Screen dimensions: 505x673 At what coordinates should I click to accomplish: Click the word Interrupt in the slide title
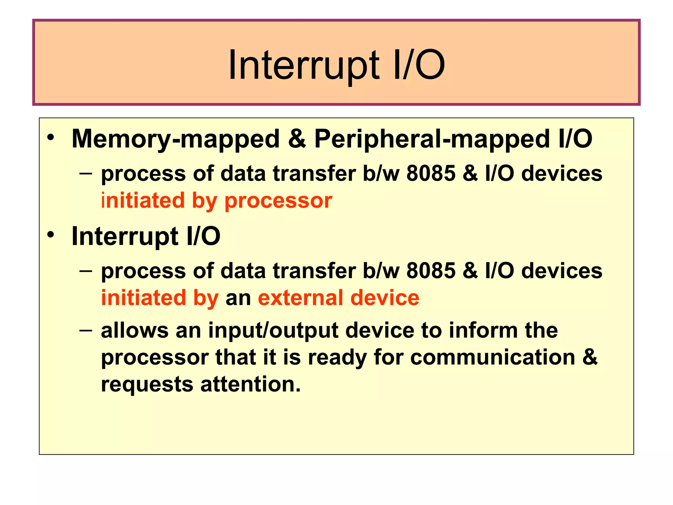pos(304,65)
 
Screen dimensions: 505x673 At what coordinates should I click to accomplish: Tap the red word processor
pos(278,201)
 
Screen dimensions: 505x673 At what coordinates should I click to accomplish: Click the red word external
pos(301,298)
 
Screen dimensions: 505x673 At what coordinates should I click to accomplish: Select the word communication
pos(493,357)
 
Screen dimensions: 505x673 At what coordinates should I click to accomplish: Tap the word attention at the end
pos(250,384)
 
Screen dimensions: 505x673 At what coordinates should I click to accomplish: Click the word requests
pos(147,385)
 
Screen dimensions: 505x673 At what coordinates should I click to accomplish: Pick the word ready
pos(337,358)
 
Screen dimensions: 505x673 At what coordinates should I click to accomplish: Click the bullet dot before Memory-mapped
pos(50,138)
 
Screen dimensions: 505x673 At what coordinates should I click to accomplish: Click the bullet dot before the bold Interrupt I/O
pos(50,235)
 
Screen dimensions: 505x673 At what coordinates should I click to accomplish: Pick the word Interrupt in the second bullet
pos(125,236)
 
